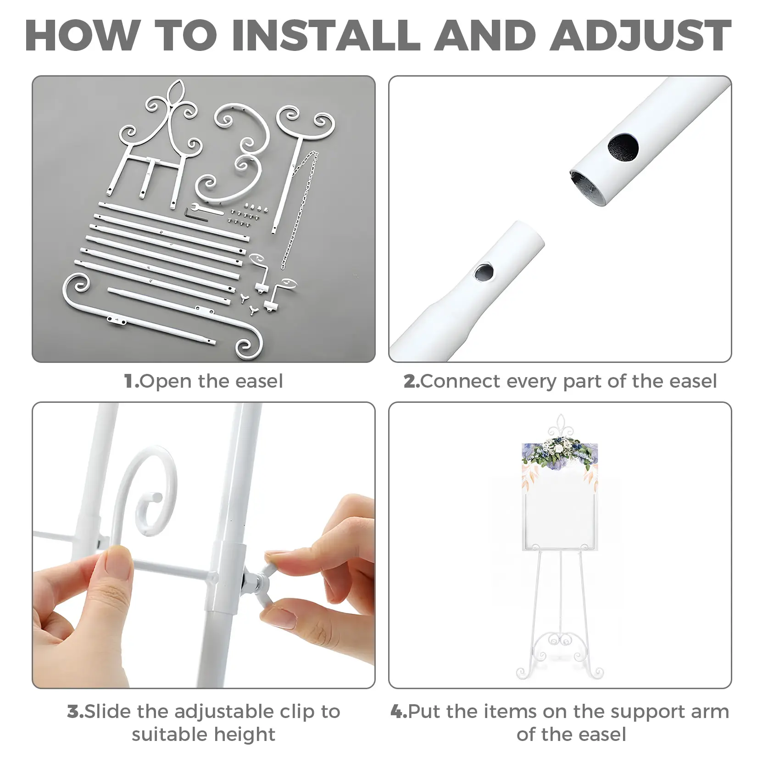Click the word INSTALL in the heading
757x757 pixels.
326,35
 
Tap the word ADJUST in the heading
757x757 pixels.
640,36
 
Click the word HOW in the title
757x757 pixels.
82,35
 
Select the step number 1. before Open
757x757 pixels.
132,381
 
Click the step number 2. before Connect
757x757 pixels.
412,381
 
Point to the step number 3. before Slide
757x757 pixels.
76,712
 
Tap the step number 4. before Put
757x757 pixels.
399,712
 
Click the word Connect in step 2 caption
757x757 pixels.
460,381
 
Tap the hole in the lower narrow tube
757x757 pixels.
483,273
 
